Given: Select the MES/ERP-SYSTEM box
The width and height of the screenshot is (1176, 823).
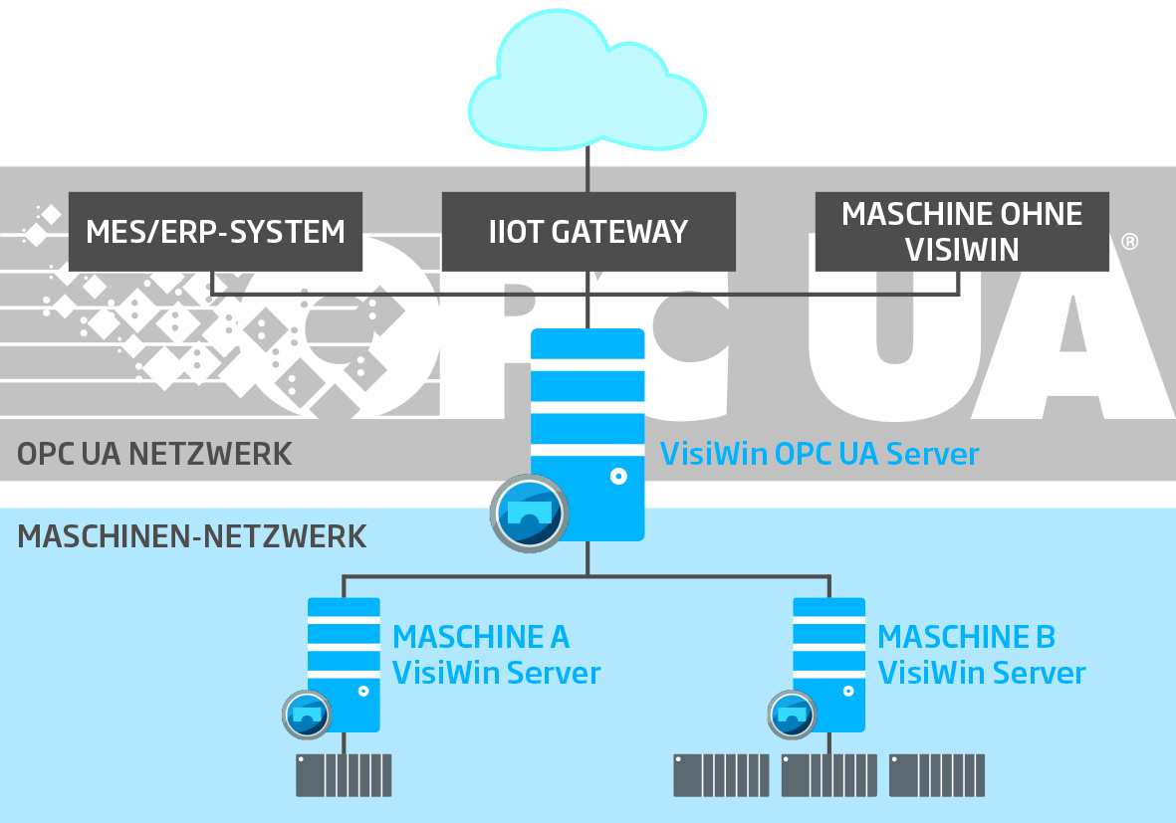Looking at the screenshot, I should (x=215, y=232).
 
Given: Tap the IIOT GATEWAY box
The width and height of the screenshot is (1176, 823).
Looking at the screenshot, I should (x=588, y=232).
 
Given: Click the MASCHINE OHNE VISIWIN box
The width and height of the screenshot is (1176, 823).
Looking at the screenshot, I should (x=961, y=232).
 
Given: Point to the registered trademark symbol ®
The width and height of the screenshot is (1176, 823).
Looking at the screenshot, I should (x=1129, y=242).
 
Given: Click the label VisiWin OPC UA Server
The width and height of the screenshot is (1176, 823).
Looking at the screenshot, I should (x=820, y=454).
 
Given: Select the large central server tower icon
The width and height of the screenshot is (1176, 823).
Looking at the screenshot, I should (x=588, y=418).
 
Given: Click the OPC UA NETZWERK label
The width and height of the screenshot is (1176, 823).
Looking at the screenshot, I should (x=154, y=454).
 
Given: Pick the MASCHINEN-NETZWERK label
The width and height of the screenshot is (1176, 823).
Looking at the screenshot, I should (x=192, y=536).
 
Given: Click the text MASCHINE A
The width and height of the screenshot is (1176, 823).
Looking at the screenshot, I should (x=481, y=636).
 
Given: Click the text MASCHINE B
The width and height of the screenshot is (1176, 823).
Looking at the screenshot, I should (x=966, y=636).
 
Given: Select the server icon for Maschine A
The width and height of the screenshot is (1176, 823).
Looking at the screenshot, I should (x=344, y=657).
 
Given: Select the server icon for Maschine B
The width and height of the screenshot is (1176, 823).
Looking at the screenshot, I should (x=828, y=657).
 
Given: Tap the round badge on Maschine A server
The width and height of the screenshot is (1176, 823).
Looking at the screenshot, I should (x=308, y=714).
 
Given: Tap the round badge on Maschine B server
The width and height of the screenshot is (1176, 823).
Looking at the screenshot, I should (x=793, y=714).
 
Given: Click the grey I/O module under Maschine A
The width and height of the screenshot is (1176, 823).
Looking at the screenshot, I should (x=344, y=775).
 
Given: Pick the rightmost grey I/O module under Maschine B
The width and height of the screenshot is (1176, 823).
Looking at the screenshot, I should (x=936, y=775).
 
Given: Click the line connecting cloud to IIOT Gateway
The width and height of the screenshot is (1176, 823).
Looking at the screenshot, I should (x=588, y=169).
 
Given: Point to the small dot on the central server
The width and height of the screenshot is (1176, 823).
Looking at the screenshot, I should (x=618, y=477).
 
